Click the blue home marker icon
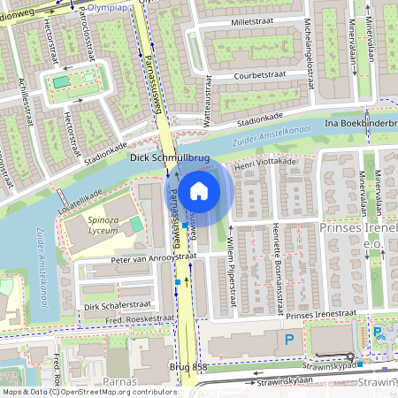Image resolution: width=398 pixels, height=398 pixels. point(199,191)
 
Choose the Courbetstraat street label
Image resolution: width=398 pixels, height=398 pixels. point(262,76)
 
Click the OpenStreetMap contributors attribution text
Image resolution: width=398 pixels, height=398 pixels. point(115,391)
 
